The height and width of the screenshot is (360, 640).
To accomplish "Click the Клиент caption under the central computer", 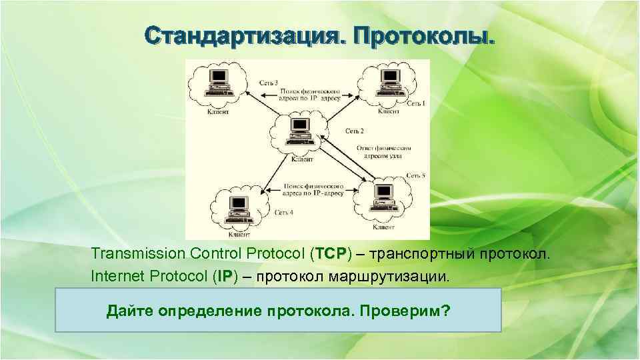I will [302, 160].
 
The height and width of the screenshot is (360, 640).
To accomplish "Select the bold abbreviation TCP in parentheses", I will [329, 255].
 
